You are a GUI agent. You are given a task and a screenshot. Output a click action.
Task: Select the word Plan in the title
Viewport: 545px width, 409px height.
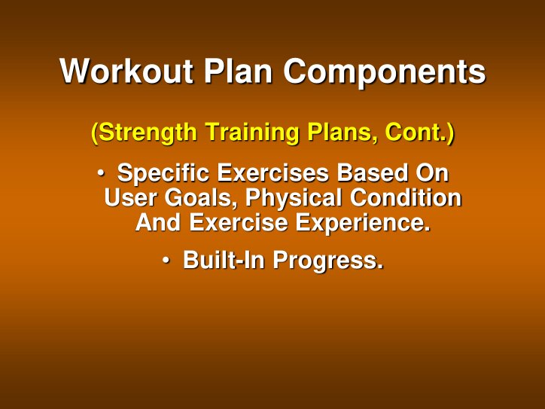click(x=240, y=72)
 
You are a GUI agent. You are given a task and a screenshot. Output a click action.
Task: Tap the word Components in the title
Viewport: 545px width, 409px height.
click(x=385, y=72)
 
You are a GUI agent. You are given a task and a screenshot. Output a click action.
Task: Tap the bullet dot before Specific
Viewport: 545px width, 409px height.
click(x=100, y=173)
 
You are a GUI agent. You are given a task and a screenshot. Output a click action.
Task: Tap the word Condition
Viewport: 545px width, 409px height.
click(x=406, y=198)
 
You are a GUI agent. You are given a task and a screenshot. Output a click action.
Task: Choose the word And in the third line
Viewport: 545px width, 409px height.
click(x=158, y=223)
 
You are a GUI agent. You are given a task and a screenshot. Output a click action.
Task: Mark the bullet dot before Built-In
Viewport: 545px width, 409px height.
click(x=166, y=260)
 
